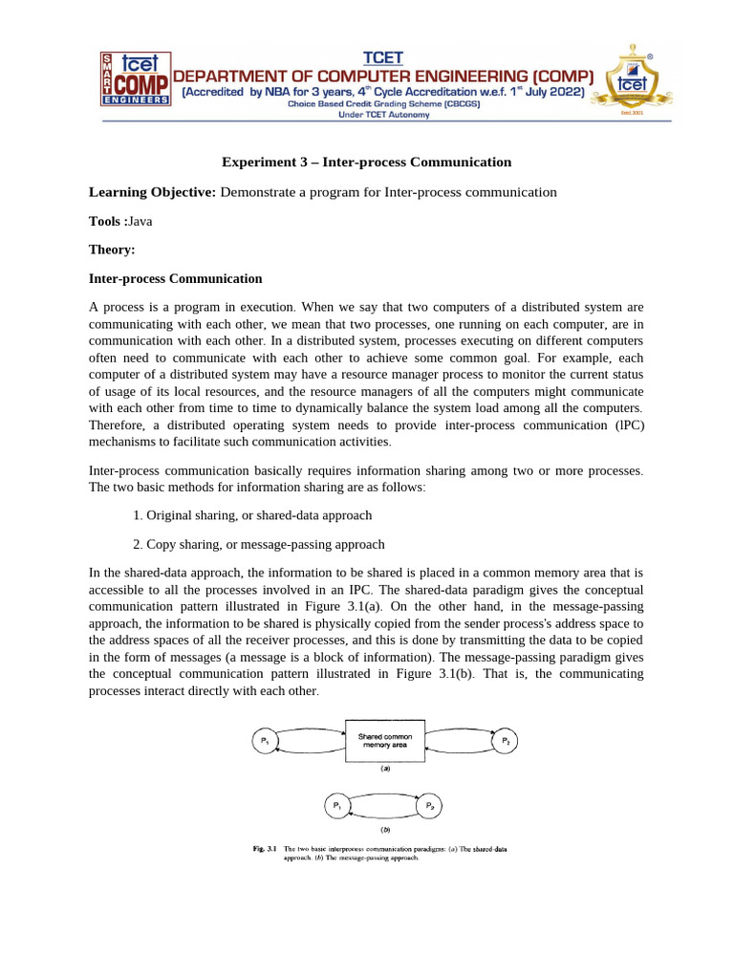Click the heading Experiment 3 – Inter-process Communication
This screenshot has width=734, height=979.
pos(367,162)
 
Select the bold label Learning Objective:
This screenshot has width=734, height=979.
pos(153,192)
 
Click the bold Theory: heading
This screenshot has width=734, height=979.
pos(112,250)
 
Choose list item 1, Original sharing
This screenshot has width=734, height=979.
pos(252,515)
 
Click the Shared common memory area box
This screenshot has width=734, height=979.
pos(384,741)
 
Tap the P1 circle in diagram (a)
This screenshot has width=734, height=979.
pos(264,741)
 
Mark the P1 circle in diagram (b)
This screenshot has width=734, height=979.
pos(336,808)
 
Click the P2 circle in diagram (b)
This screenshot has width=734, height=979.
pos(431,808)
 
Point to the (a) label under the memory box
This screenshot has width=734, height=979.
pos(384,768)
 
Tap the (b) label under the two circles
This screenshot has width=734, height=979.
pos(384,830)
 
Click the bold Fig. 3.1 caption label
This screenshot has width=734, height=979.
pos(264,849)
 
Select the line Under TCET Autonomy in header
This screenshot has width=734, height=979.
pos(384,115)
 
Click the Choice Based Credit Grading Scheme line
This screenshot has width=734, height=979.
pos(384,104)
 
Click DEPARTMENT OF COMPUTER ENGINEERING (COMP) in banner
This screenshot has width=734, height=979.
pos(384,76)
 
